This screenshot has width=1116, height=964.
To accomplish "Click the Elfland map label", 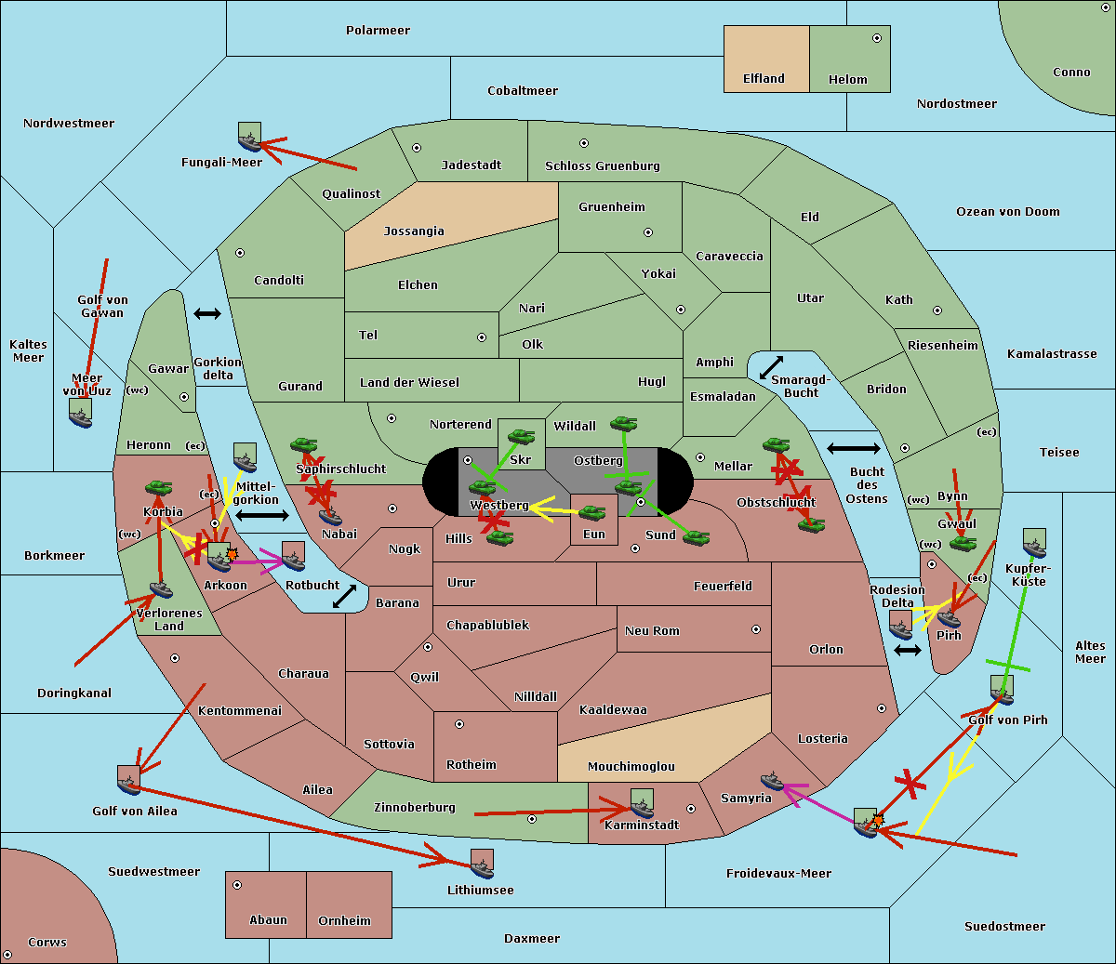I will (764, 79).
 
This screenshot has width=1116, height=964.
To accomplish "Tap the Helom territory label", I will (848, 80).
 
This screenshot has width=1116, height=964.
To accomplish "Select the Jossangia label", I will (414, 231).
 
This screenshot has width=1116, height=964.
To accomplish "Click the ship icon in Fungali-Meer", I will (249, 138).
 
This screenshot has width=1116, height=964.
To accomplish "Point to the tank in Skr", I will (521, 434).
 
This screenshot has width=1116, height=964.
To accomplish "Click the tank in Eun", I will (592, 512).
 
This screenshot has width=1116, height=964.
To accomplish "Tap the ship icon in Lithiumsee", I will (482, 865).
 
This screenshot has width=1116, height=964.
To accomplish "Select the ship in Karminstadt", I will (642, 802).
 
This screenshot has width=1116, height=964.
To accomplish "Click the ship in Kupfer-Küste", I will (1034, 543).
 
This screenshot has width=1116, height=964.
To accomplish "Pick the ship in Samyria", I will (773, 780).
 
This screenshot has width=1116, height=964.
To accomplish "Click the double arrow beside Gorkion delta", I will (207, 314).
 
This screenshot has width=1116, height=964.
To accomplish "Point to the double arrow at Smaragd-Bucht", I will (771, 368).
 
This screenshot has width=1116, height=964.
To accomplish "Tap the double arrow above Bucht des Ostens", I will (853, 449).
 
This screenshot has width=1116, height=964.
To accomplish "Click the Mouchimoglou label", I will (631, 767).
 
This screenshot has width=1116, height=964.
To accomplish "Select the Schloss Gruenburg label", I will (603, 166).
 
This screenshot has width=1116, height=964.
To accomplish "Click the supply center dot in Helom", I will (876, 38).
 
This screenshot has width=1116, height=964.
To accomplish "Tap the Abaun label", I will (268, 920).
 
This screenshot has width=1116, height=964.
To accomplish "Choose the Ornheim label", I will (344, 921).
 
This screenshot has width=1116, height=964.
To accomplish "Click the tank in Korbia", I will (159, 487).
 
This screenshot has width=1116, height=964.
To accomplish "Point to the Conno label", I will (1071, 73).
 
